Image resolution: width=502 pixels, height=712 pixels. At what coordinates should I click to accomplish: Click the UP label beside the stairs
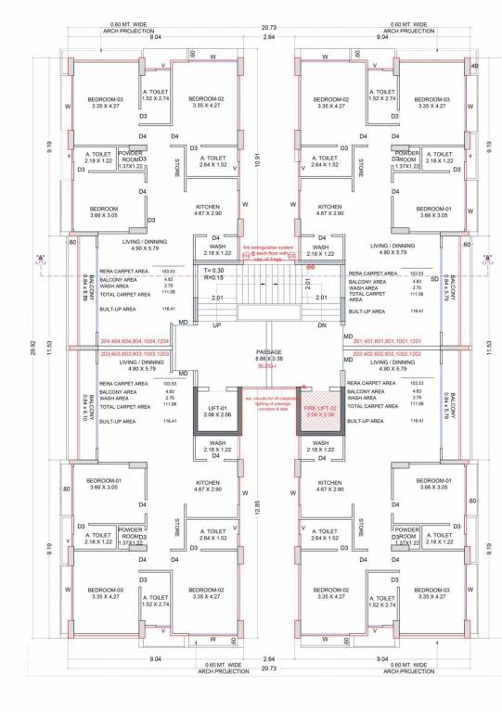tap(216, 326)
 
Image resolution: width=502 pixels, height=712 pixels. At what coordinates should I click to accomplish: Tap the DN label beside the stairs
tap(322, 326)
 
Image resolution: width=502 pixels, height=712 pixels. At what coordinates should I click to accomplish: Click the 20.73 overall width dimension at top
tap(268, 28)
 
